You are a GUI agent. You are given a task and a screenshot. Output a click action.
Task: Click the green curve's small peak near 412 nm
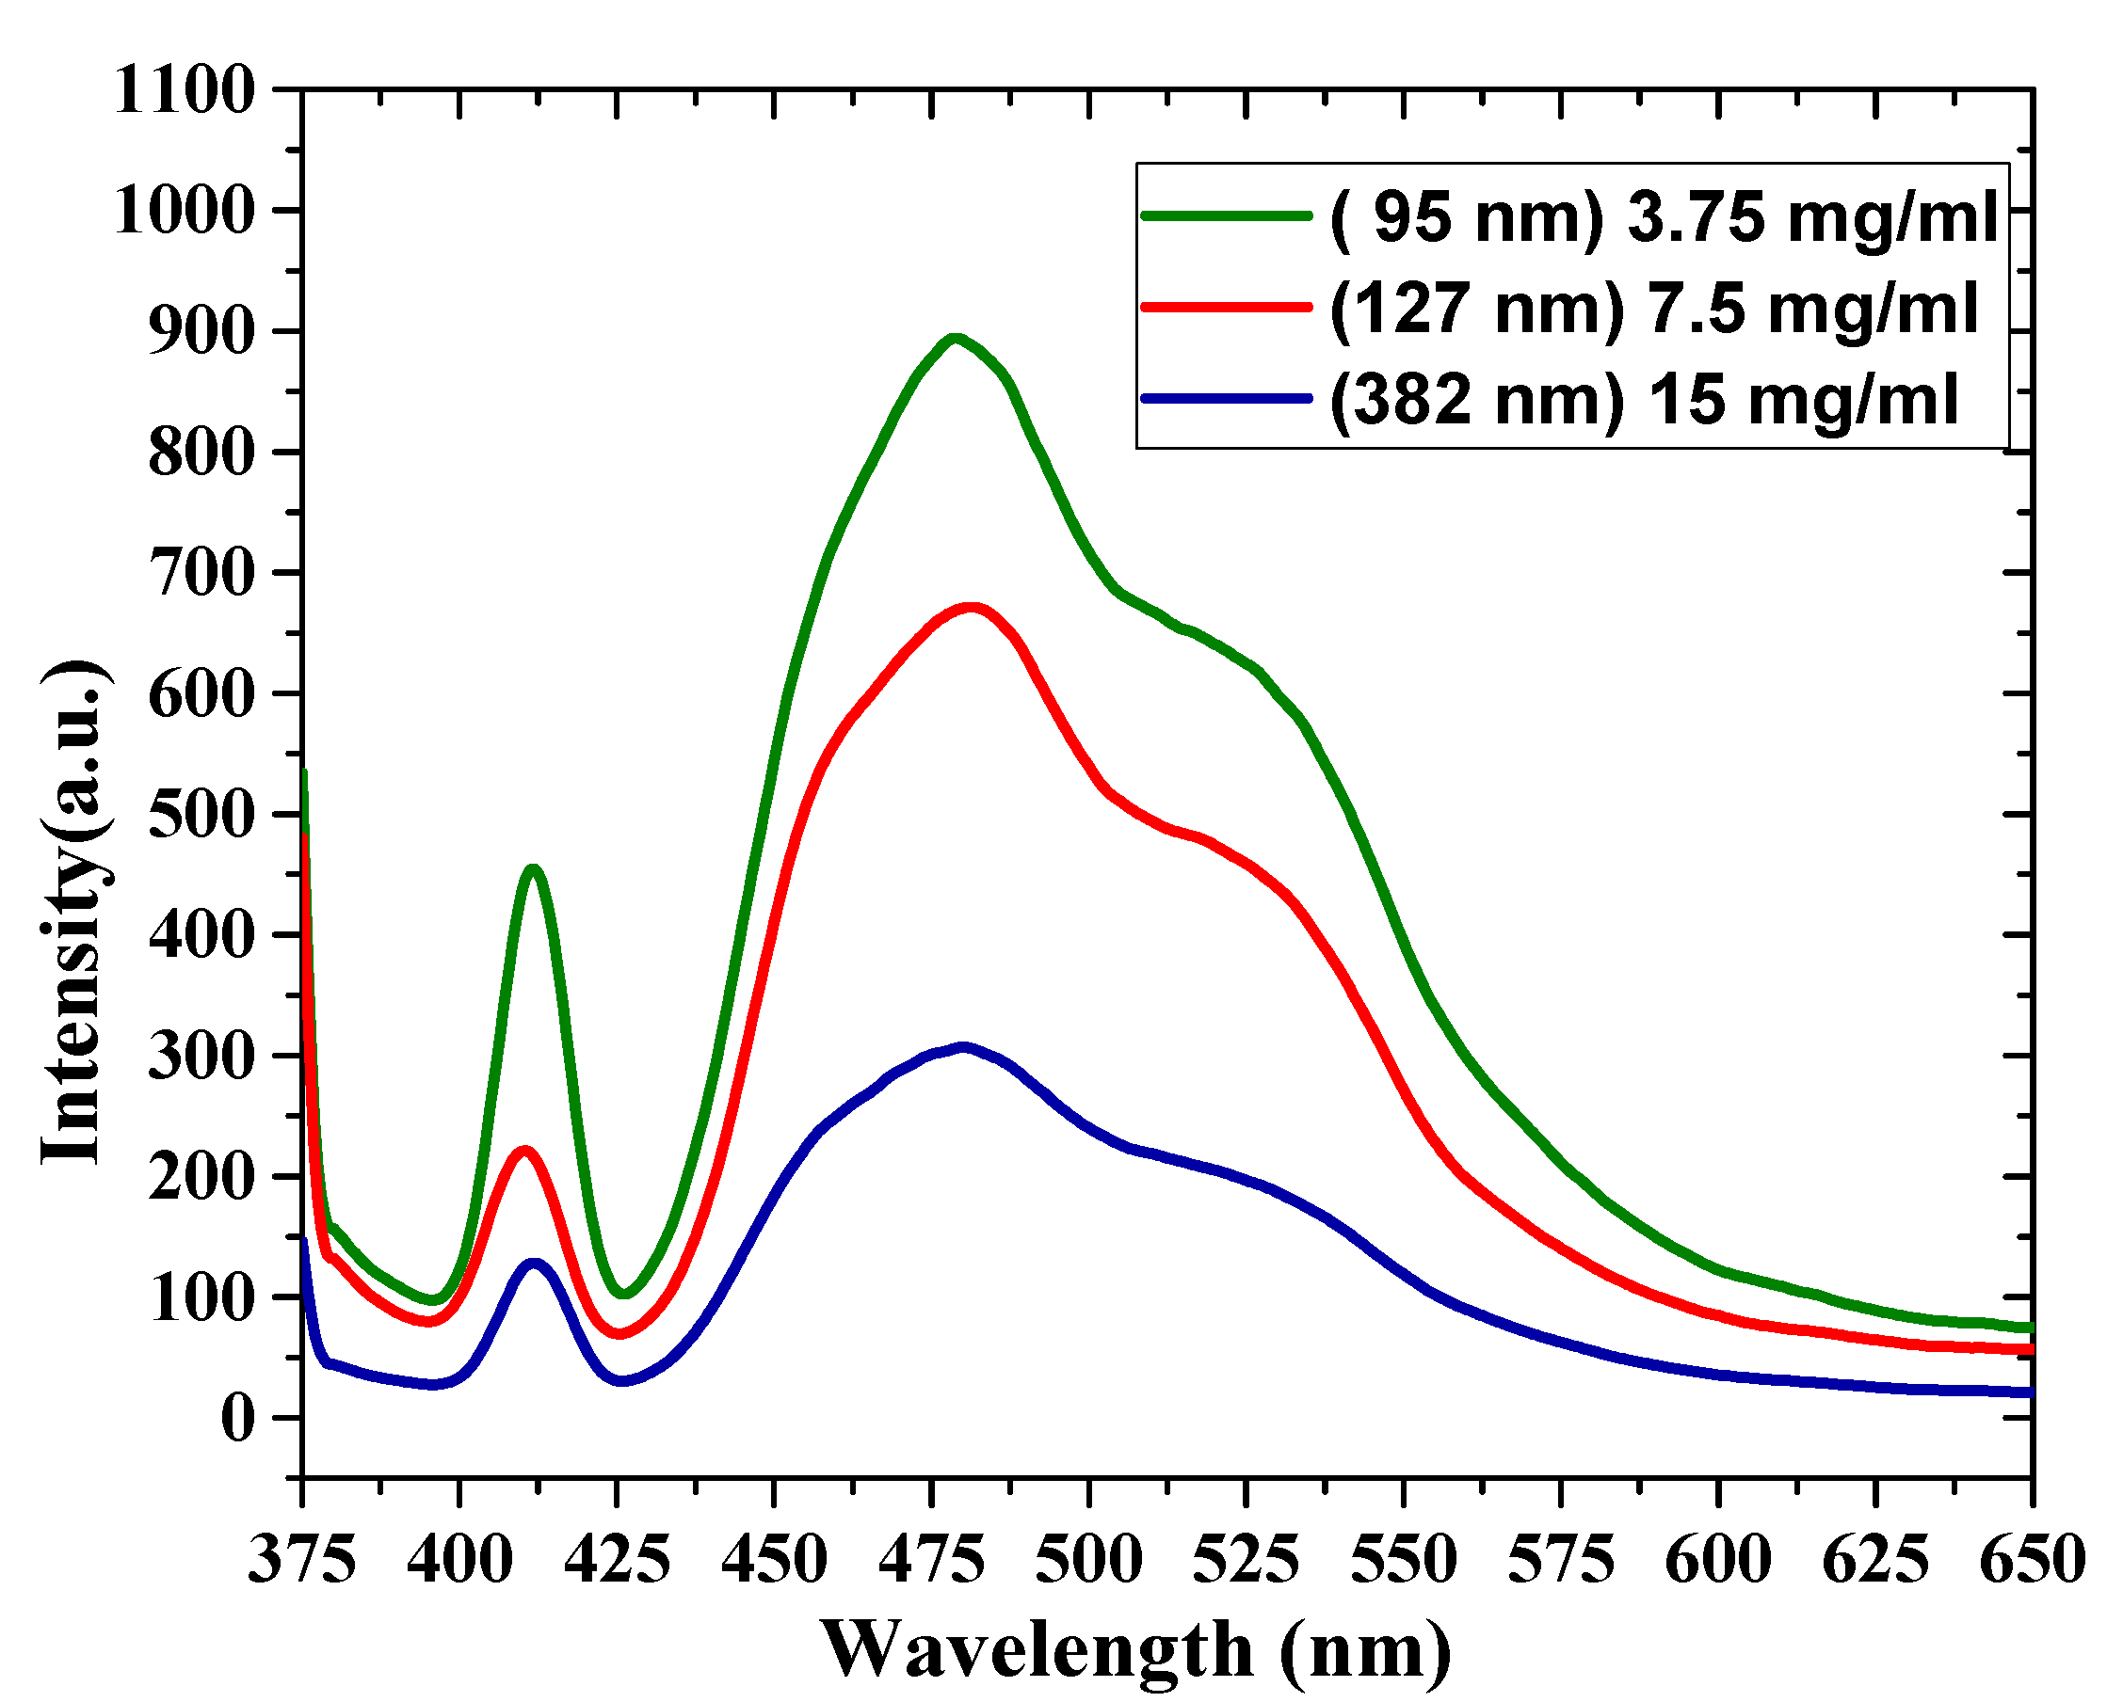pyautogui.click(x=533, y=869)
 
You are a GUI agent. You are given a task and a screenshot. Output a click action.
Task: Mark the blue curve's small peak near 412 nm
pyautogui.click(x=535, y=1265)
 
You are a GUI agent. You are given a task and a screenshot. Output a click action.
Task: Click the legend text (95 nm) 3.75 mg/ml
pyautogui.click(x=1663, y=216)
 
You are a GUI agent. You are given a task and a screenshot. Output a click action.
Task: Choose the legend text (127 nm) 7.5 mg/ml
pyautogui.click(x=1653, y=308)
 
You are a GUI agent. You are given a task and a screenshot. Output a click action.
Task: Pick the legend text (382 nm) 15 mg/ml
pyautogui.click(x=1643, y=399)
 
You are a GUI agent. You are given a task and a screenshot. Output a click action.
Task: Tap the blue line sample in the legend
pyautogui.click(x=1226, y=398)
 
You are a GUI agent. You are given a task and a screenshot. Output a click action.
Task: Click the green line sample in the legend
pyautogui.click(x=1226, y=215)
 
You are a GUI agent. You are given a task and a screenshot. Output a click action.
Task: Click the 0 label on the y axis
pyautogui.click(x=237, y=1418)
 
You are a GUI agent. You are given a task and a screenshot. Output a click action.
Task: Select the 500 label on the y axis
pyautogui.click(x=201, y=815)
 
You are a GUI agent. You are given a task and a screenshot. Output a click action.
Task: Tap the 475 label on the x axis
pyautogui.click(x=931, y=1560)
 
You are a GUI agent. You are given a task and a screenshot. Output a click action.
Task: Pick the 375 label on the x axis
pyautogui.click(x=302, y=1560)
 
